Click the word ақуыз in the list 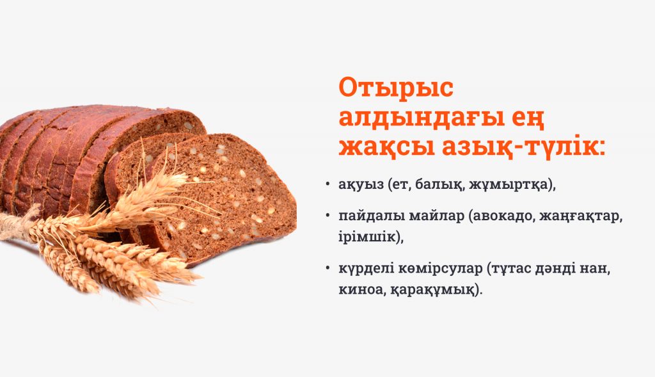click(x=362, y=186)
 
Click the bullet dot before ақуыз click(x=327, y=186)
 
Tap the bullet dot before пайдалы click(x=327, y=217)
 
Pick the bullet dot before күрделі click(x=327, y=269)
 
